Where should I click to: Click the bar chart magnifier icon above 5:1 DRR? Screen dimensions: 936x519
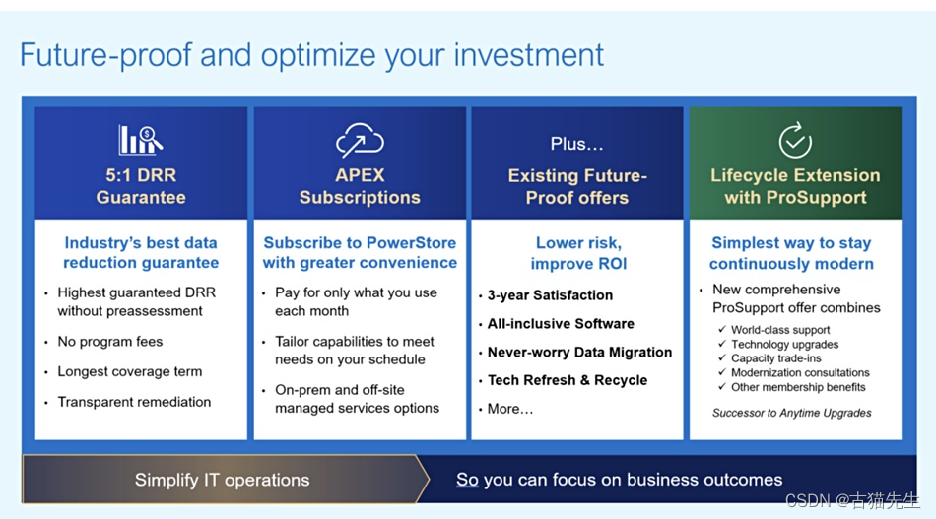(x=140, y=140)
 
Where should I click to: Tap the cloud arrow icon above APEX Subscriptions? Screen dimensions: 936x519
(x=360, y=140)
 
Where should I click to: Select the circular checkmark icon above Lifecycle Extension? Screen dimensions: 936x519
(x=795, y=140)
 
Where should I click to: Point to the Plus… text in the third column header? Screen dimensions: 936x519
(x=576, y=144)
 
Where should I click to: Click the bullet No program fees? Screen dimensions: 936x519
(x=109, y=341)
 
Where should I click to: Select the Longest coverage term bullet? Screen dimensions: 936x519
(x=129, y=371)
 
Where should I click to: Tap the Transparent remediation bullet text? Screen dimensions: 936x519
(x=134, y=402)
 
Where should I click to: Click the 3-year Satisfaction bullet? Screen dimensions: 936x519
(x=550, y=295)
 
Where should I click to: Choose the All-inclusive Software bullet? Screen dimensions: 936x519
(x=561, y=323)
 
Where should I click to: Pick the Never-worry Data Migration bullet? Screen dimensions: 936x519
(x=579, y=352)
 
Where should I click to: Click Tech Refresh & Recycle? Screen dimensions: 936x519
(x=568, y=380)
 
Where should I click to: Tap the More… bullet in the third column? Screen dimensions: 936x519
(x=509, y=409)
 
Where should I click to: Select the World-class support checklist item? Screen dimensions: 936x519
(x=780, y=330)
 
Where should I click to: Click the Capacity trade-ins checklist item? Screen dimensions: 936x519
(x=776, y=358)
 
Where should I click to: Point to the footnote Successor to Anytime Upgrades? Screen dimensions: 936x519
(x=791, y=413)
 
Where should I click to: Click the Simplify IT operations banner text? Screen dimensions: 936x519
(x=222, y=480)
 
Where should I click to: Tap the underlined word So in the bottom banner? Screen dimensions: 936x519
(x=467, y=479)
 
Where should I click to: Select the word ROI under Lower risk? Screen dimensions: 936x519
(x=609, y=264)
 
